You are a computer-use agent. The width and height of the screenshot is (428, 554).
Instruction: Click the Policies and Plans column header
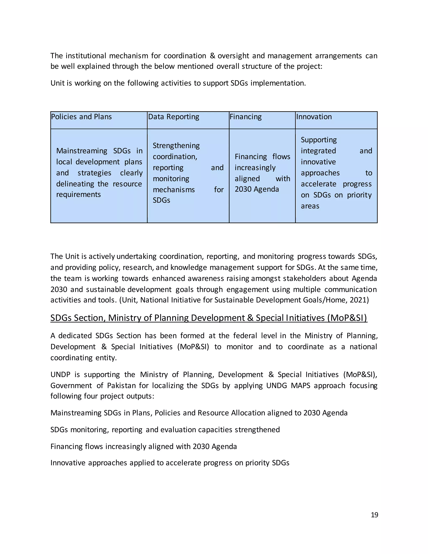[81, 117]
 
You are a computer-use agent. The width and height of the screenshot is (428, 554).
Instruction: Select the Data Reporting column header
[173, 117]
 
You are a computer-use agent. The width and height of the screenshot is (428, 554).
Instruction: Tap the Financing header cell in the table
[245, 117]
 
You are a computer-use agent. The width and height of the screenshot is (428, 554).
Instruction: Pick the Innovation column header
[314, 117]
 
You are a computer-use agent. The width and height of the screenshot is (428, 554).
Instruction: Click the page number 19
[374, 515]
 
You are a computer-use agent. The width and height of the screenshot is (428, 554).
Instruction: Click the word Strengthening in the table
[176, 146]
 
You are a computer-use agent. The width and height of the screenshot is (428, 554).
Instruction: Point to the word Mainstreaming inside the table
[82, 151]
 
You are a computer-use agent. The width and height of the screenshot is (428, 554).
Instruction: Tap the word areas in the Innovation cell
[310, 206]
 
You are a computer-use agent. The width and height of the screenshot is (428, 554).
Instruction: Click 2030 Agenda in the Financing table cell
[257, 189]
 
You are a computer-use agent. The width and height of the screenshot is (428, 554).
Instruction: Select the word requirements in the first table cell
[78, 195]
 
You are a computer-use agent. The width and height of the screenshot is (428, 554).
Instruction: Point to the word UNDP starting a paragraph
[60, 375]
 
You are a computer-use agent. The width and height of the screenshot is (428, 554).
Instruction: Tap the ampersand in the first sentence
[213, 56]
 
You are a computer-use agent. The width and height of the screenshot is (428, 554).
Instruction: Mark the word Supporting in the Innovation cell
[319, 140]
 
